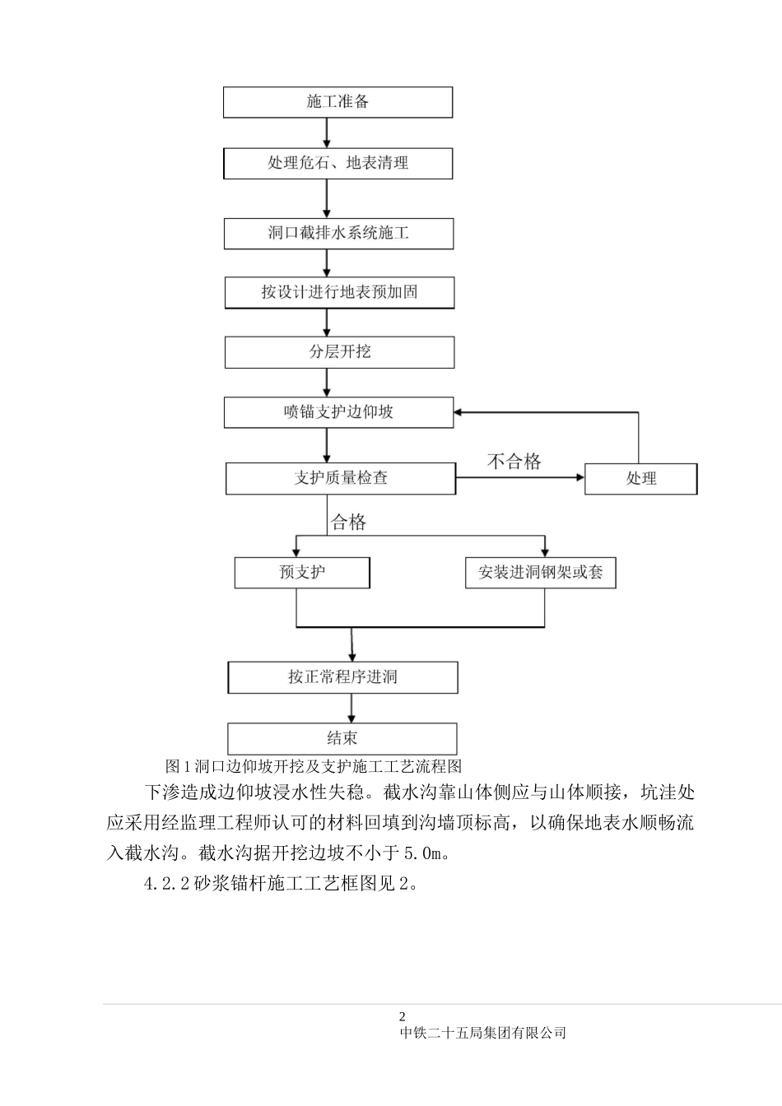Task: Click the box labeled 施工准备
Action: (337, 102)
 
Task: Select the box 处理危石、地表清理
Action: (337, 163)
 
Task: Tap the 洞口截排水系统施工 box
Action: (338, 233)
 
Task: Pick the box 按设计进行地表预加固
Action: (339, 292)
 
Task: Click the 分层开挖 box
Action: (339, 351)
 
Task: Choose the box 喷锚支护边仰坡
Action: (338, 412)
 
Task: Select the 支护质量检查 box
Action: (340, 478)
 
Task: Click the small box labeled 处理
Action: (640, 479)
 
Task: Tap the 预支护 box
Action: (302, 573)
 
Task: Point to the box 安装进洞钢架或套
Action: (540, 573)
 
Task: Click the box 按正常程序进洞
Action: (342, 677)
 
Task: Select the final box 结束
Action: (342, 738)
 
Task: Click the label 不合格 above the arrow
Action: (514, 461)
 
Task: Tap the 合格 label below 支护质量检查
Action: (348, 522)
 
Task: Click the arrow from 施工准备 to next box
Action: (327, 132)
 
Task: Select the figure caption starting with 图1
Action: (314, 766)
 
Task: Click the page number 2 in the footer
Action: (403, 1016)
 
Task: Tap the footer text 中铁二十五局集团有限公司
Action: (483, 1033)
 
